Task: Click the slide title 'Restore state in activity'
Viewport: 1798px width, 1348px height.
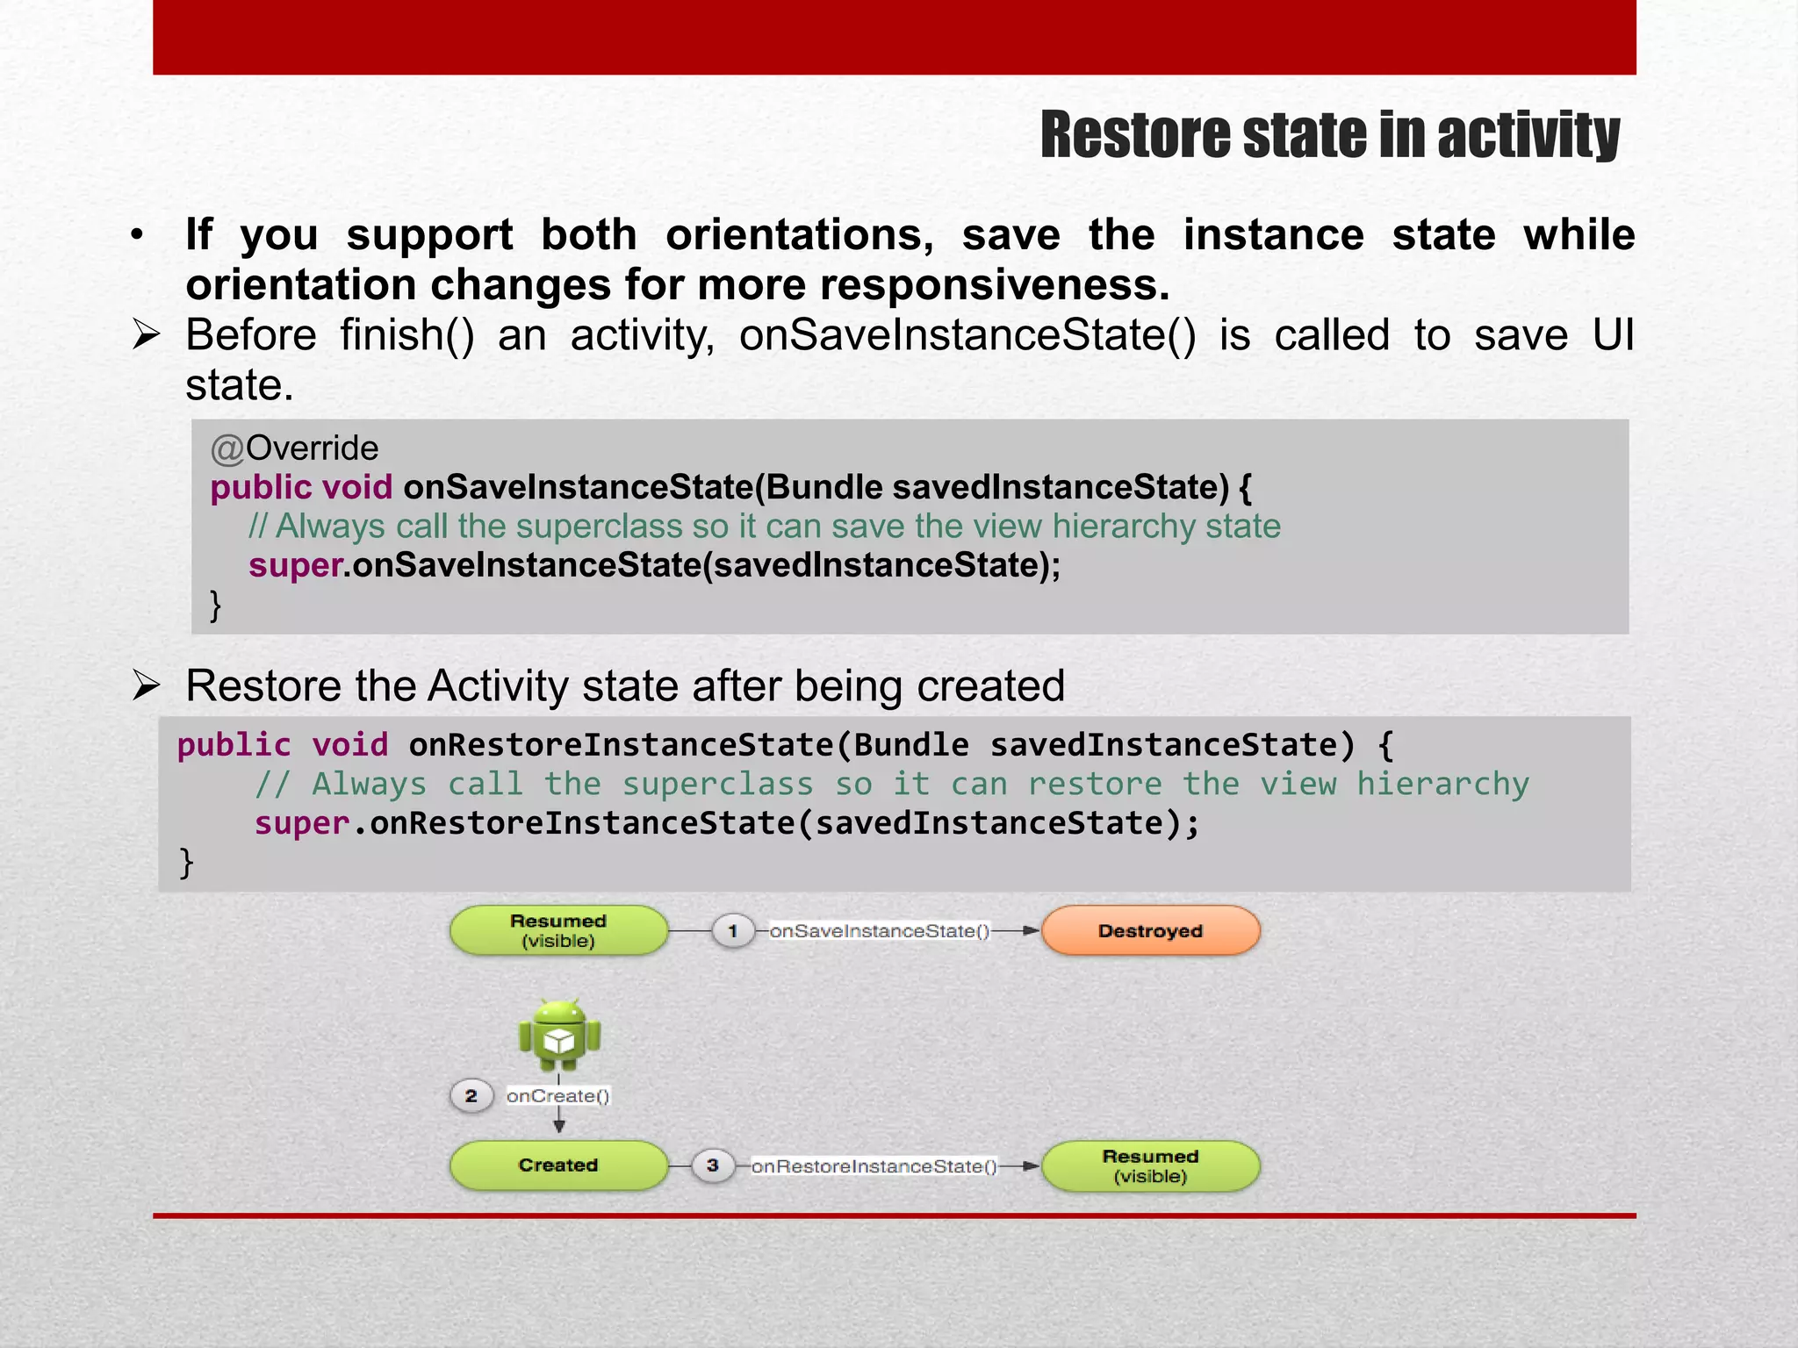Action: [1329, 136]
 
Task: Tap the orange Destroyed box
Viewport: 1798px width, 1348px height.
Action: [1150, 931]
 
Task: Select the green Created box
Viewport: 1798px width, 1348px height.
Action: [558, 1165]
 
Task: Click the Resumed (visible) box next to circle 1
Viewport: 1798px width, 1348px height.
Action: [558, 930]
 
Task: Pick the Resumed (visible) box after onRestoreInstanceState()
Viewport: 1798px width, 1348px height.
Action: [1150, 1166]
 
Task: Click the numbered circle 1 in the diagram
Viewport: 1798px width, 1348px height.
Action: [733, 930]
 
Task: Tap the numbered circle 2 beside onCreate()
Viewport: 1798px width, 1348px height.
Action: [471, 1096]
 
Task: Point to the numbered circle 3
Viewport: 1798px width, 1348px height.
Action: [713, 1165]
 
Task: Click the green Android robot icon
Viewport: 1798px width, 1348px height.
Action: [559, 1036]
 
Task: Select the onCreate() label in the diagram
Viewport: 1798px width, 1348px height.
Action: [557, 1096]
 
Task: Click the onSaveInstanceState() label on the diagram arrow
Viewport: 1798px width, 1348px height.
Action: [879, 931]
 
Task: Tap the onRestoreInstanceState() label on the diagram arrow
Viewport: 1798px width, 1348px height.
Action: [874, 1166]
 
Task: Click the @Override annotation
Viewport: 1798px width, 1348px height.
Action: [295, 448]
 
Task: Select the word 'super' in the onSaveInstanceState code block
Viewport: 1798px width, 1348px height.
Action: [295, 566]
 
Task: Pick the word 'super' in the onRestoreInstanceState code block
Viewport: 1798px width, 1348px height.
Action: [302, 824]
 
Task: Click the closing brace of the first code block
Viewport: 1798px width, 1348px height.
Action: [215, 606]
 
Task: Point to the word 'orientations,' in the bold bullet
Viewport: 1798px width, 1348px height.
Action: [799, 235]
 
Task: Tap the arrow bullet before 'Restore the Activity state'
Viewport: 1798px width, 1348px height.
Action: [146, 685]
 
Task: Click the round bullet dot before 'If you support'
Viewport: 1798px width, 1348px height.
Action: [136, 235]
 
